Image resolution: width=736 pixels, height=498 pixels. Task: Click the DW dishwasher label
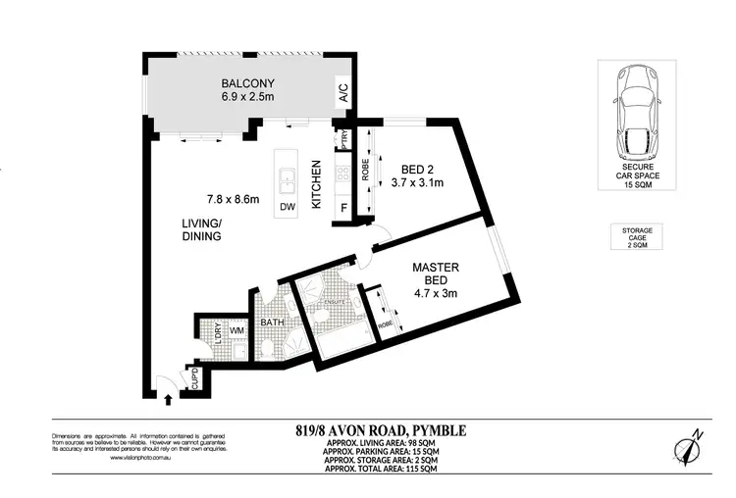click(287, 207)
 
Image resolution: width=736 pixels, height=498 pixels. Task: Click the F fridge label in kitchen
click(343, 208)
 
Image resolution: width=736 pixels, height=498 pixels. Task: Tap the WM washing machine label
click(237, 330)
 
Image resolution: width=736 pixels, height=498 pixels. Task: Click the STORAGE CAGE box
click(639, 237)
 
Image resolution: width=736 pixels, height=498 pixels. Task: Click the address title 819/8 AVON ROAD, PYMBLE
click(381, 429)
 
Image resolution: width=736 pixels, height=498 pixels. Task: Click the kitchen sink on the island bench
click(287, 180)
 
